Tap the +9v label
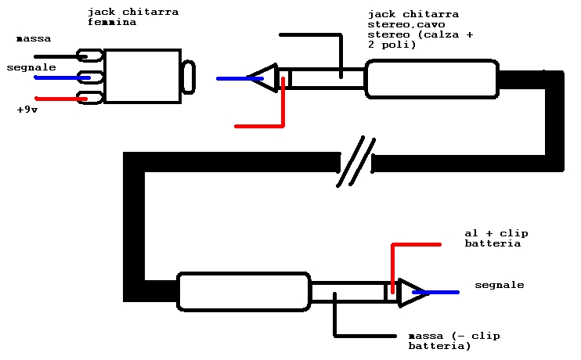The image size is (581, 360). pos(28,110)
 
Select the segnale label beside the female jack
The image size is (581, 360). pos(31,67)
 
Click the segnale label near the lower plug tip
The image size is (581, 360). pos(499,285)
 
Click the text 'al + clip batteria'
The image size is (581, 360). pos(493,239)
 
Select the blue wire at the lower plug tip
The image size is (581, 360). pos(442,292)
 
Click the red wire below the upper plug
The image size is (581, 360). pos(262,125)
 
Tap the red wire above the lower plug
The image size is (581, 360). pos(415,245)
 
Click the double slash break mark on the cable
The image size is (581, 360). pos(356,162)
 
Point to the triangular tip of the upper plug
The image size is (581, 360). pos(265,77)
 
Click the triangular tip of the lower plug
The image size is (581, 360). pos(410,293)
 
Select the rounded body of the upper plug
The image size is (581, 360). pos(431,78)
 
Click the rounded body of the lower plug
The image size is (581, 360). pos(244,291)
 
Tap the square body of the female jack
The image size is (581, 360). pos(142,76)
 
